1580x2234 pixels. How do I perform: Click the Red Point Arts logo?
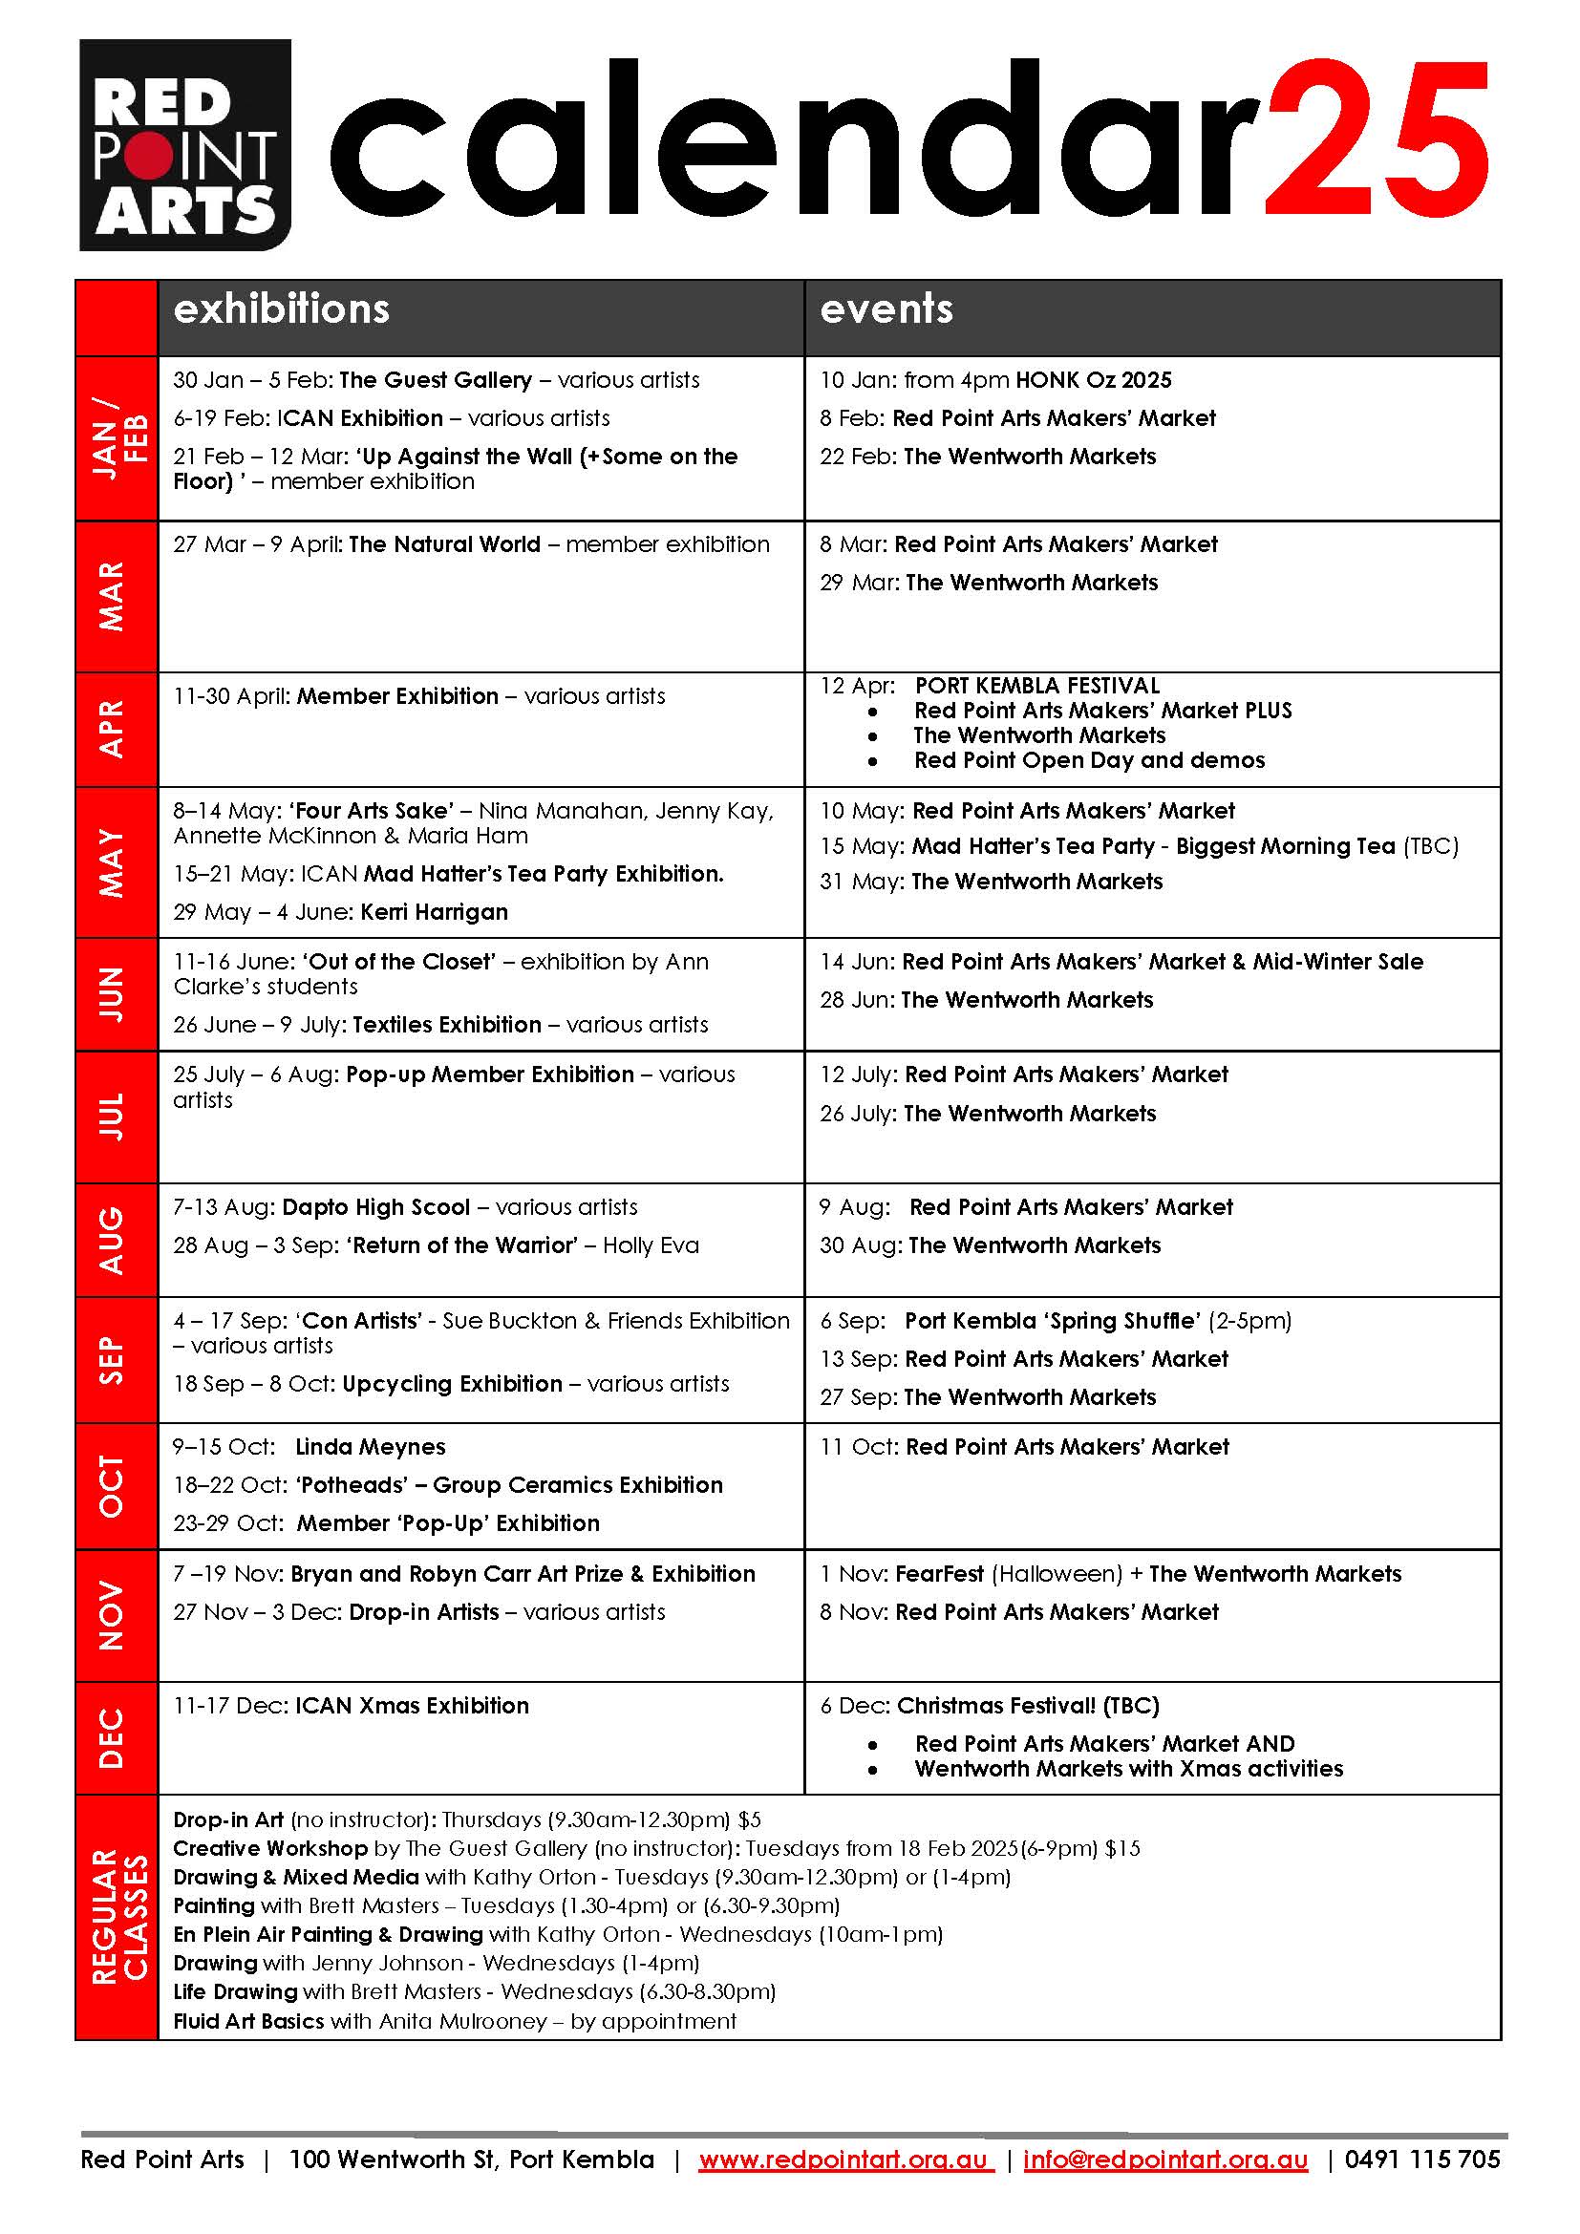coord(185,144)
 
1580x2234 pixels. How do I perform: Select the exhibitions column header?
coord(281,309)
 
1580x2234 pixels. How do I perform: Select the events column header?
coord(886,309)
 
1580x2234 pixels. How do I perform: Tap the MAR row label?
coord(113,595)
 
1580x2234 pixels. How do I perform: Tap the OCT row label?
coord(113,1486)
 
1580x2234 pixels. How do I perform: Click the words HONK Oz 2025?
coord(1094,379)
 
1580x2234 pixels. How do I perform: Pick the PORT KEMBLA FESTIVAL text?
coord(1037,685)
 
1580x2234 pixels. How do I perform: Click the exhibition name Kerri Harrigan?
coord(434,912)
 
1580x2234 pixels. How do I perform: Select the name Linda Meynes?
coord(371,1447)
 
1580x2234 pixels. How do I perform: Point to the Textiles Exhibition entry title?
coord(446,1025)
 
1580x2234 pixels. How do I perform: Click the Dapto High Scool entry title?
coord(376,1207)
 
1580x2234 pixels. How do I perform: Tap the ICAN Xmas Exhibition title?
coord(412,1706)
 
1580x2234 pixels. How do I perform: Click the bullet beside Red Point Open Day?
coord(873,761)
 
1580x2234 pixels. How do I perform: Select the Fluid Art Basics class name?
coord(248,2021)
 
